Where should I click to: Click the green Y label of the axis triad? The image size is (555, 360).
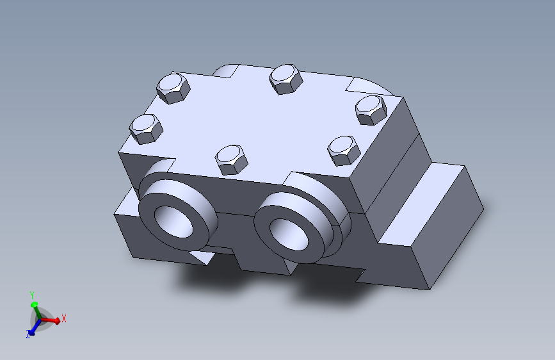coord(32,295)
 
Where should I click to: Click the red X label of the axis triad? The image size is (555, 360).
coord(64,318)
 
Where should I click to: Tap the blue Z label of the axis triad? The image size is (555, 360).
coord(28,334)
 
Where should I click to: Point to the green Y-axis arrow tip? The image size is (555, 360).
coord(34,304)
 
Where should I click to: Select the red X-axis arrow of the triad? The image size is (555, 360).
coord(49,320)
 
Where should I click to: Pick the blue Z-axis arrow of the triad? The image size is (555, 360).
coord(35,328)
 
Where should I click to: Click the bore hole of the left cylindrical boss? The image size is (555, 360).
coord(173,222)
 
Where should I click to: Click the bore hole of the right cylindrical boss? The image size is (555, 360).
coord(289,234)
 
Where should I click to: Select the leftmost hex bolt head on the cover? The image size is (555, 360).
coord(146,129)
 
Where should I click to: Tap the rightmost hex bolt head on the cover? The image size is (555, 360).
coord(371,110)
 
